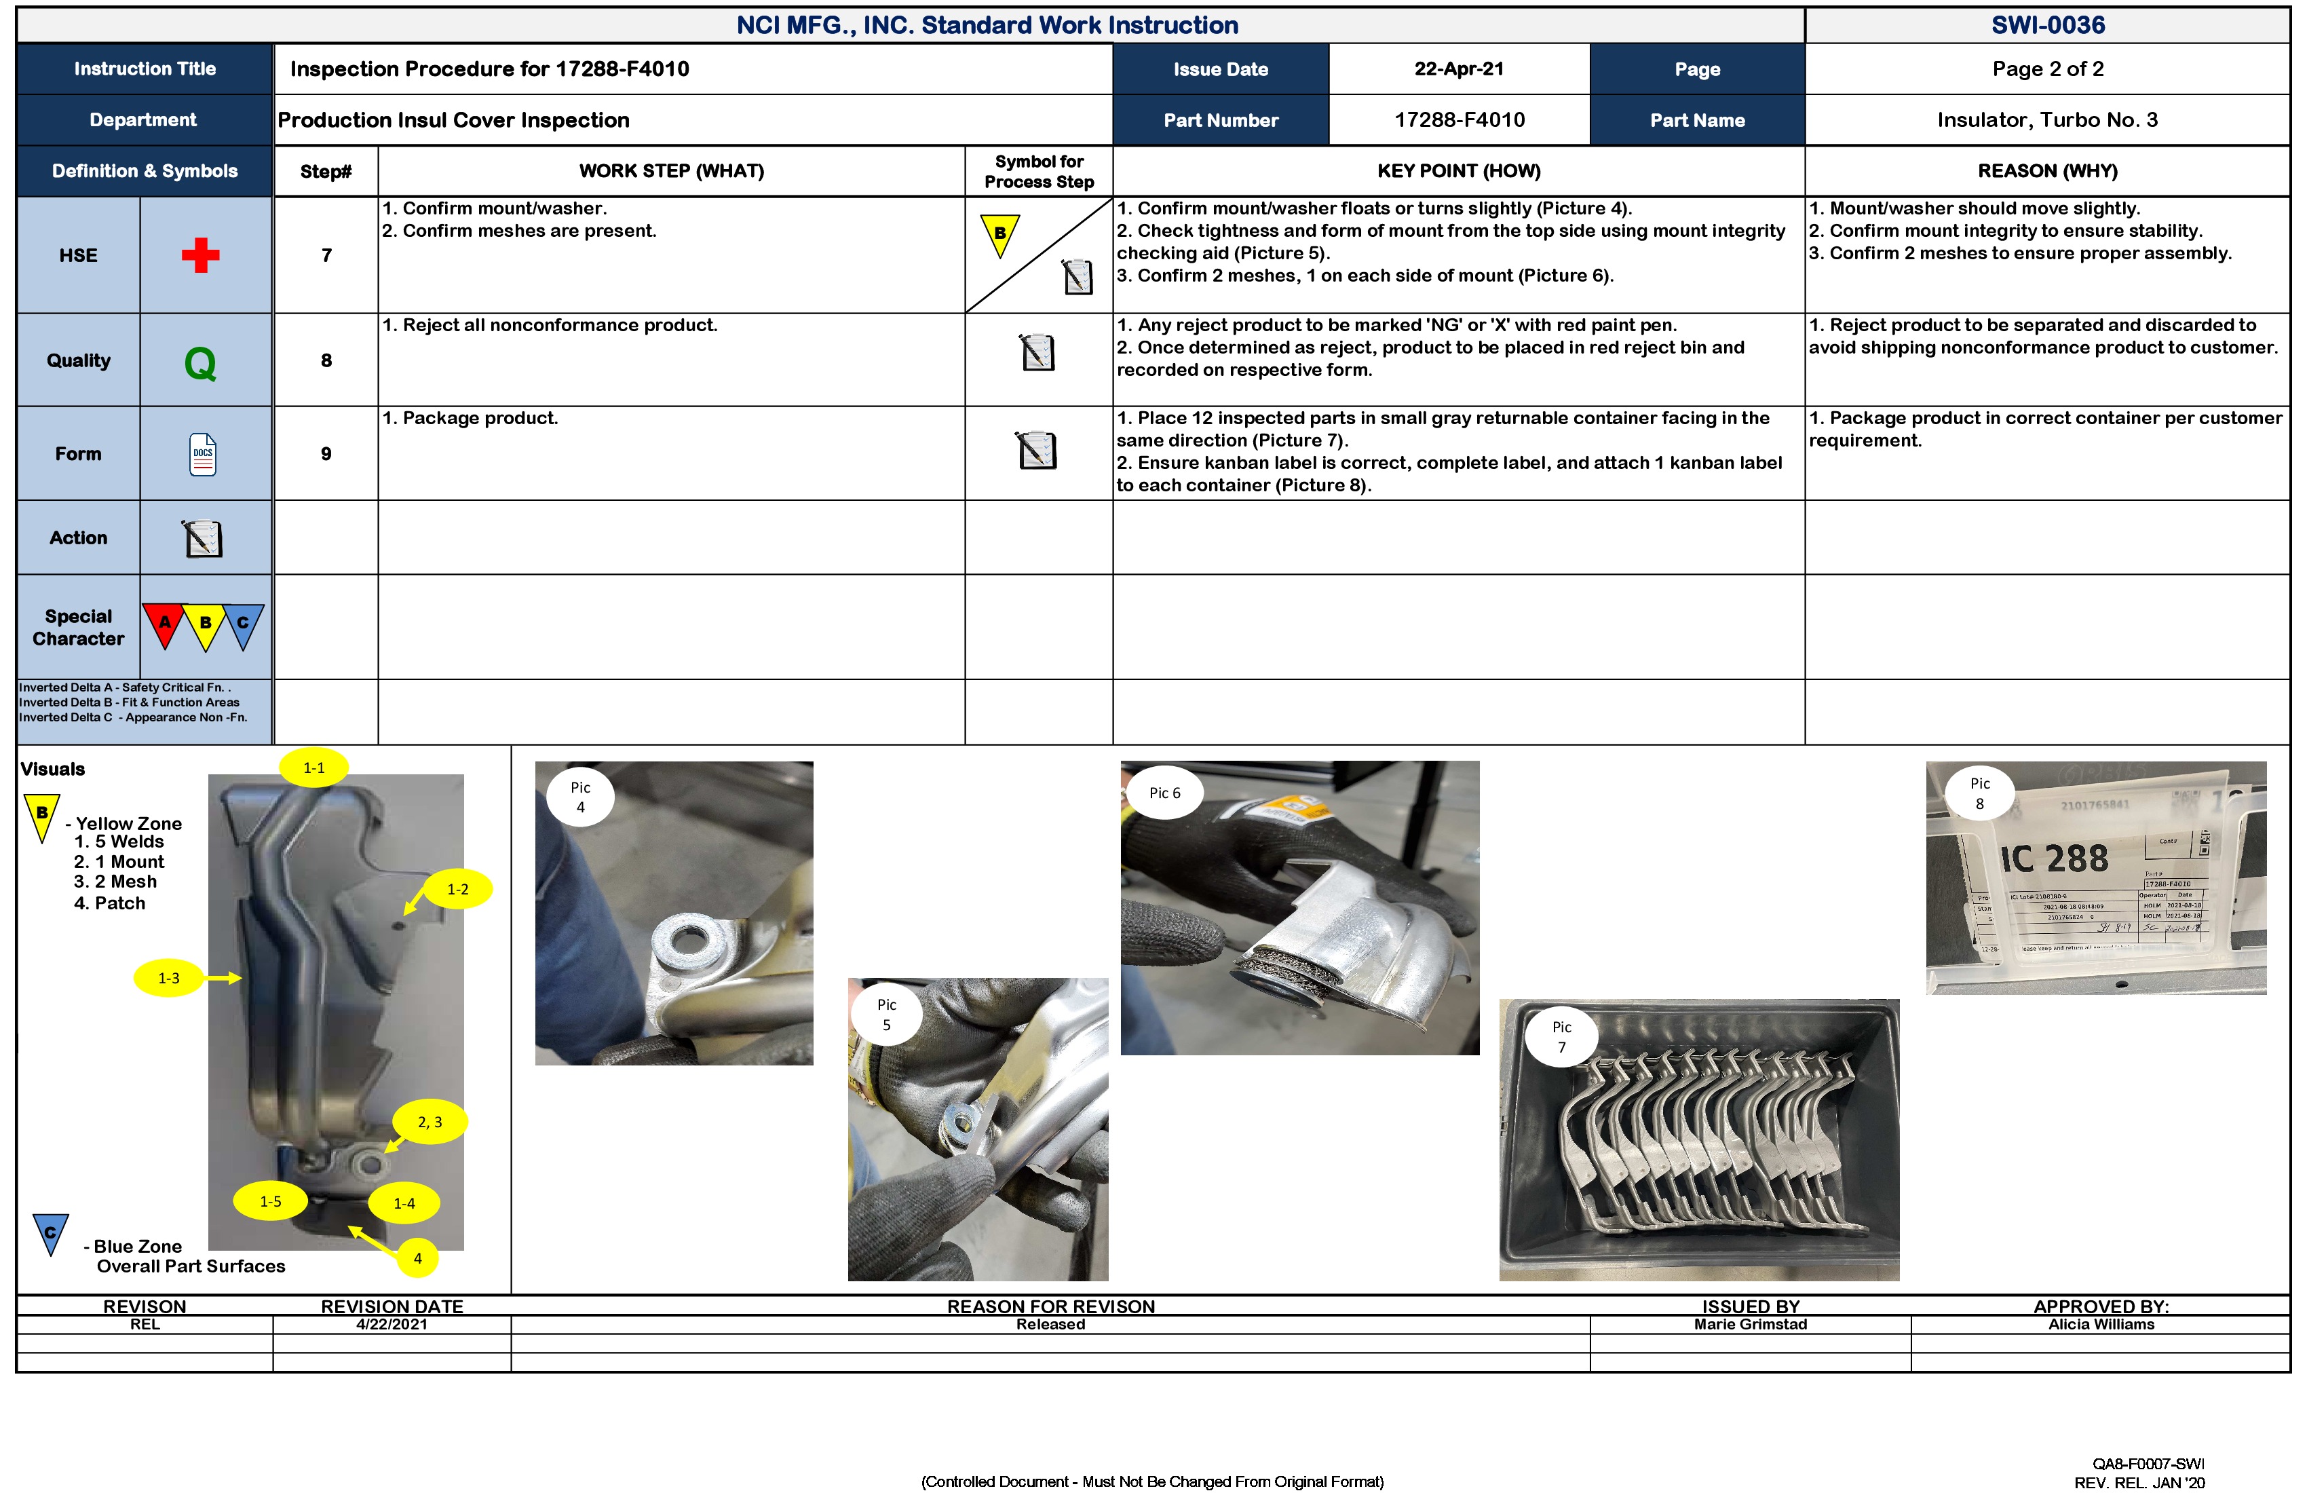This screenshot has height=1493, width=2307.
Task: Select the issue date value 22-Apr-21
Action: pos(1459,69)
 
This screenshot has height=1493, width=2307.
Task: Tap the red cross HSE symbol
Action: pos(201,255)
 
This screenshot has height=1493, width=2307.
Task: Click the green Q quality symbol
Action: pos(201,364)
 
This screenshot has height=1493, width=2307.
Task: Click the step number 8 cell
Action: pos(326,360)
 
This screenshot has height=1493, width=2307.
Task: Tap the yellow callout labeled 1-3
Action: pos(169,978)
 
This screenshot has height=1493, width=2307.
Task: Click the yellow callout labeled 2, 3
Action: pos(430,1122)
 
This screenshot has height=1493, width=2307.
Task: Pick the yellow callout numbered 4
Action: pos(418,1258)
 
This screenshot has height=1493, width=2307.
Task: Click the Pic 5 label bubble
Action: pos(886,1014)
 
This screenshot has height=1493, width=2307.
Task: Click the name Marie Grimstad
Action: pos(1750,1324)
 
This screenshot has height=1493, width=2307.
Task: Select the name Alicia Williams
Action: pos(2101,1324)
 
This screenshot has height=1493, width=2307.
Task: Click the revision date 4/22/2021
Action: pos(392,1324)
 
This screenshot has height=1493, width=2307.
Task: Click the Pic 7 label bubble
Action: pos(1561,1036)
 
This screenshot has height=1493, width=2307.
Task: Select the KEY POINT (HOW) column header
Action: pos(1458,170)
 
